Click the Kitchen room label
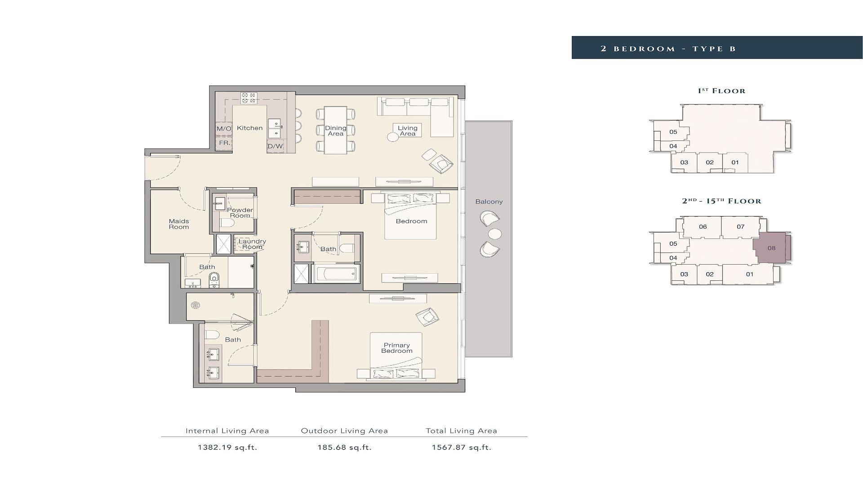point(249,128)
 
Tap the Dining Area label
point(336,131)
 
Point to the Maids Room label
point(179,224)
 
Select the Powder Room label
point(240,213)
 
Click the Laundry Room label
point(252,244)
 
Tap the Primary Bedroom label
point(397,348)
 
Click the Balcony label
point(489,202)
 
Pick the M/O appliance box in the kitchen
point(224,129)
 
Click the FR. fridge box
point(224,143)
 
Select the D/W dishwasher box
point(276,146)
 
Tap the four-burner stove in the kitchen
point(249,98)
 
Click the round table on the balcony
point(495,234)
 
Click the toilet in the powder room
point(228,224)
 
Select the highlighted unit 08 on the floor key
point(771,248)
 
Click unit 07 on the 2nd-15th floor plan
point(740,227)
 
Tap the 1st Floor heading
point(721,91)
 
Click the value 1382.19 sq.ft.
point(227,447)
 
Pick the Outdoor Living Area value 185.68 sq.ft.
point(344,447)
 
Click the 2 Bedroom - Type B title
point(668,49)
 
